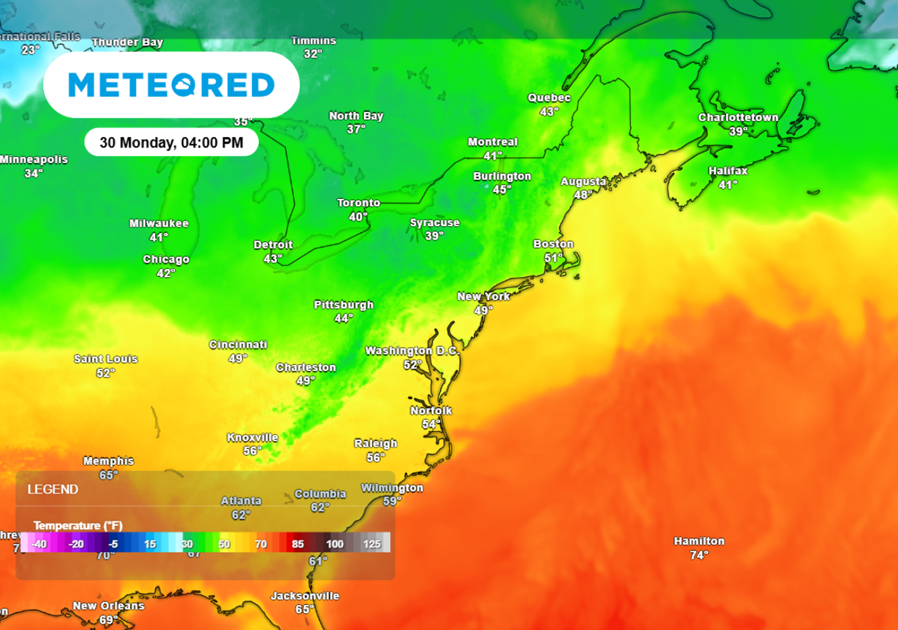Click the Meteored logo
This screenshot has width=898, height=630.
click(171, 84)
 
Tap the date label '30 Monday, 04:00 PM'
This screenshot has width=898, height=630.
click(171, 143)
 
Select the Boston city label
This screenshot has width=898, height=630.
click(554, 244)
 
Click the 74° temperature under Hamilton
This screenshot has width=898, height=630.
click(699, 555)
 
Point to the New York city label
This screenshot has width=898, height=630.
click(483, 296)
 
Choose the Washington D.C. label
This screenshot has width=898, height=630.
click(411, 350)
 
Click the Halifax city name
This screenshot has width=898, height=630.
click(728, 171)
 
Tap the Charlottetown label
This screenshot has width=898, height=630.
click(738, 117)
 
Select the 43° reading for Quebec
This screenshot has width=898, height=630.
click(549, 112)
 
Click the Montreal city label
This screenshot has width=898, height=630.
click(492, 142)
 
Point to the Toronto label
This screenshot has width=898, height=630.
click(358, 203)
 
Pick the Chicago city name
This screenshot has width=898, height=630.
click(166, 259)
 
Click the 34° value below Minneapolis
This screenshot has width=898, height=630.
click(33, 173)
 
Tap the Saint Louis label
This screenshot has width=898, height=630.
click(106, 359)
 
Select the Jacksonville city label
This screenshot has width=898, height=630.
click(305, 596)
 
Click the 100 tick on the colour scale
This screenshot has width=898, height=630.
click(335, 544)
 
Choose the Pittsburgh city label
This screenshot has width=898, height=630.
click(344, 305)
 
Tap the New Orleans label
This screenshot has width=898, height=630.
click(109, 605)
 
